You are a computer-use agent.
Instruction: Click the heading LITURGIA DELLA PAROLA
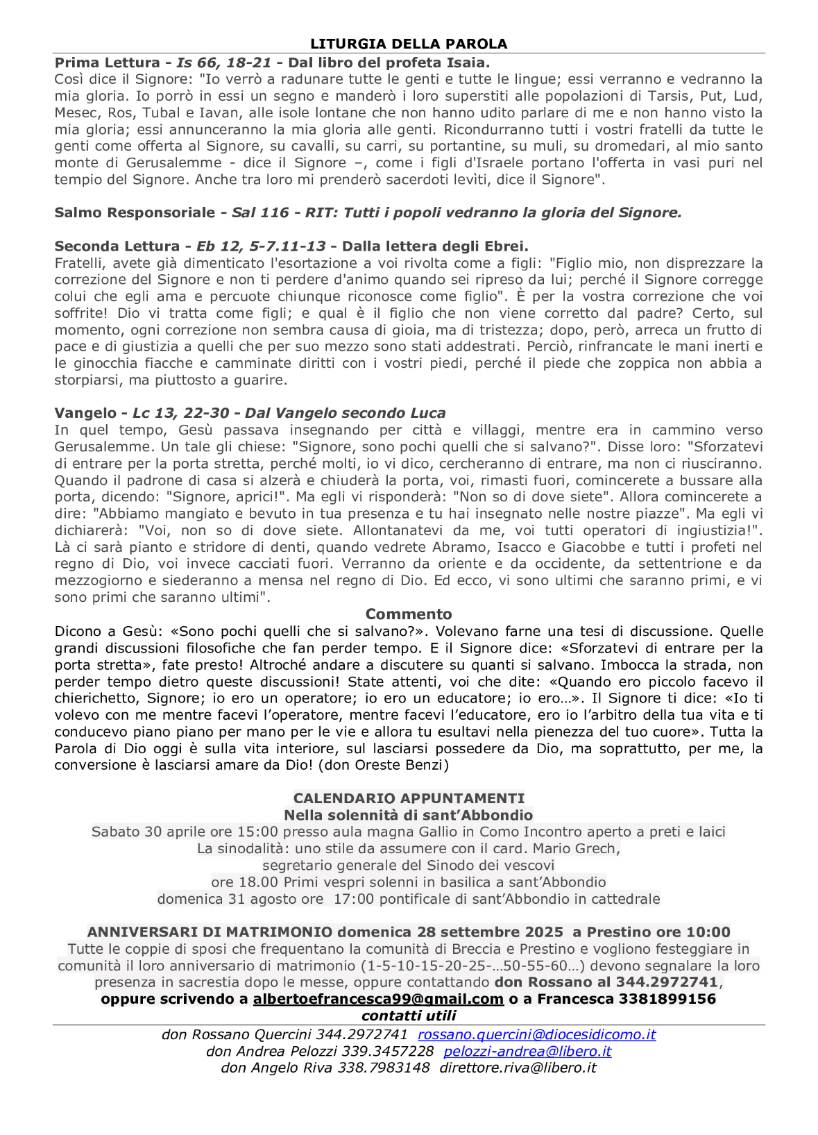tap(409, 44)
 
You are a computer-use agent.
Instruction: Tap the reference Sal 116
tap(260, 212)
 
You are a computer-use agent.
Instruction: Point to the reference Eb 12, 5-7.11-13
tap(261, 246)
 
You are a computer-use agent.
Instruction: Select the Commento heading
tap(409, 614)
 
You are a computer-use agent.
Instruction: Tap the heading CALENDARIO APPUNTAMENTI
tap(409, 798)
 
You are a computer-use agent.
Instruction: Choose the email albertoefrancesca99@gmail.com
tap(378, 999)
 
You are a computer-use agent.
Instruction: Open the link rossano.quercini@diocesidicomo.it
tap(536, 1034)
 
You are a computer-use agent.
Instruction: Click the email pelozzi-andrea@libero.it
tap(527, 1051)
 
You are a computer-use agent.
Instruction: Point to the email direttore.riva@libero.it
tap(518, 1068)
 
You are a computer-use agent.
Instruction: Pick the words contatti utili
tap(409, 1016)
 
